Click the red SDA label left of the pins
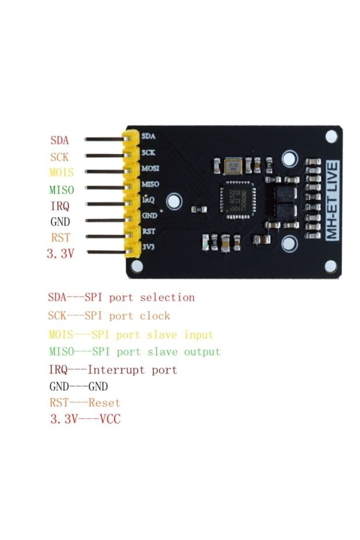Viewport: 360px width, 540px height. [59, 141]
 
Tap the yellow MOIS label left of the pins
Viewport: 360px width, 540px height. [62, 173]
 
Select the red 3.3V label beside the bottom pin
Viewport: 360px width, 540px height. [60, 253]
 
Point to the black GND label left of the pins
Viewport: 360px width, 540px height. [60, 221]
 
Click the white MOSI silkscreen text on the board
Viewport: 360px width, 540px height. [150, 168]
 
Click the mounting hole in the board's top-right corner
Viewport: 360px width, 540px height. [332, 136]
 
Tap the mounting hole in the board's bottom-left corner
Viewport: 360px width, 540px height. [138, 265]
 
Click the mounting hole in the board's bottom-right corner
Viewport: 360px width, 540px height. [332, 265]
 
